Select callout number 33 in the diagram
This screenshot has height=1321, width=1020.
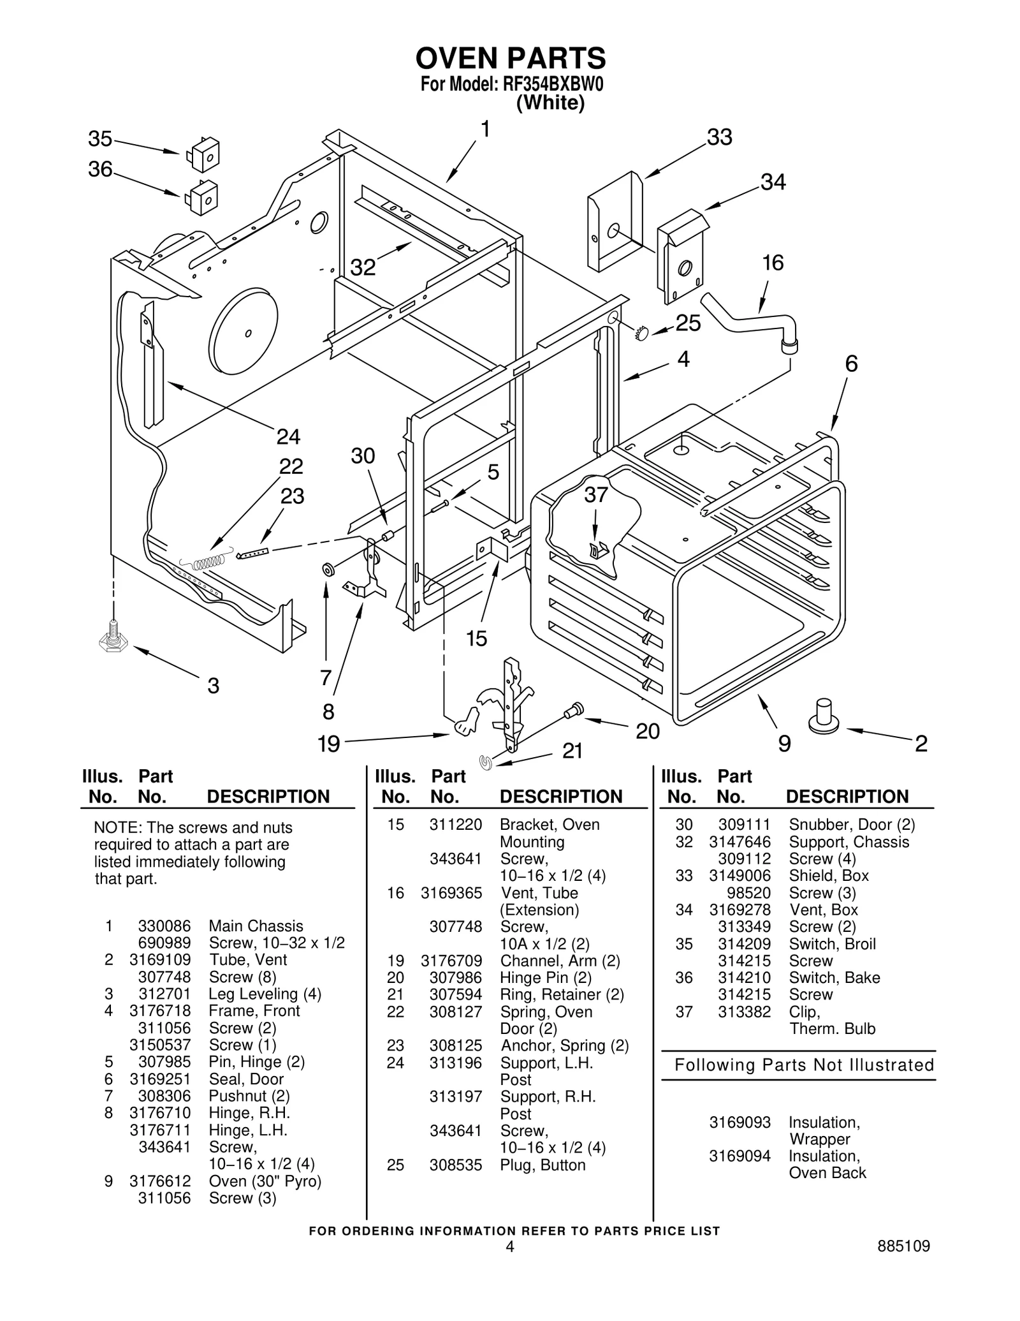tap(720, 137)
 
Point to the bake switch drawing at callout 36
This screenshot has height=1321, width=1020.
tap(202, 197)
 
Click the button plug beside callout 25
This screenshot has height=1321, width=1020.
tap(641, 332)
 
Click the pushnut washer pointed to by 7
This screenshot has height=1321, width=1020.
tap(328, 569)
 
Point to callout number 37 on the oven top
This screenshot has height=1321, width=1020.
tap(596, 495)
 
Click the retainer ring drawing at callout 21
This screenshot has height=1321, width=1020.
tap(486, 762)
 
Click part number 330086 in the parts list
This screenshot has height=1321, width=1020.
tap(164, 926)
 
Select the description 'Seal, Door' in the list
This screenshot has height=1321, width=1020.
tap(246, 1079)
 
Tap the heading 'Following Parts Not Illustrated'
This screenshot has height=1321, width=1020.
tap(804, 1065)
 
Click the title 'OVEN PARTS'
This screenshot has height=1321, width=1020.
tap(510, 59)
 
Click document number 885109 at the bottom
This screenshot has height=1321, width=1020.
tap(903, 1246)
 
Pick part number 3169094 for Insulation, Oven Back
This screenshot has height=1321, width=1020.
tap(739, 1155)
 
